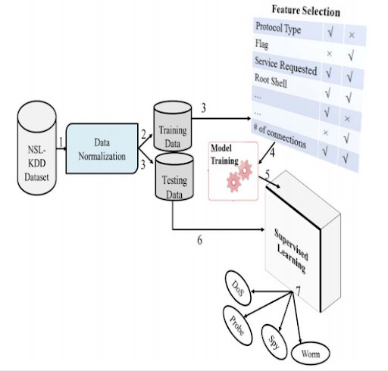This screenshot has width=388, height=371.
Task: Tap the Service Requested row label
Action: click(x=286, y=64)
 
